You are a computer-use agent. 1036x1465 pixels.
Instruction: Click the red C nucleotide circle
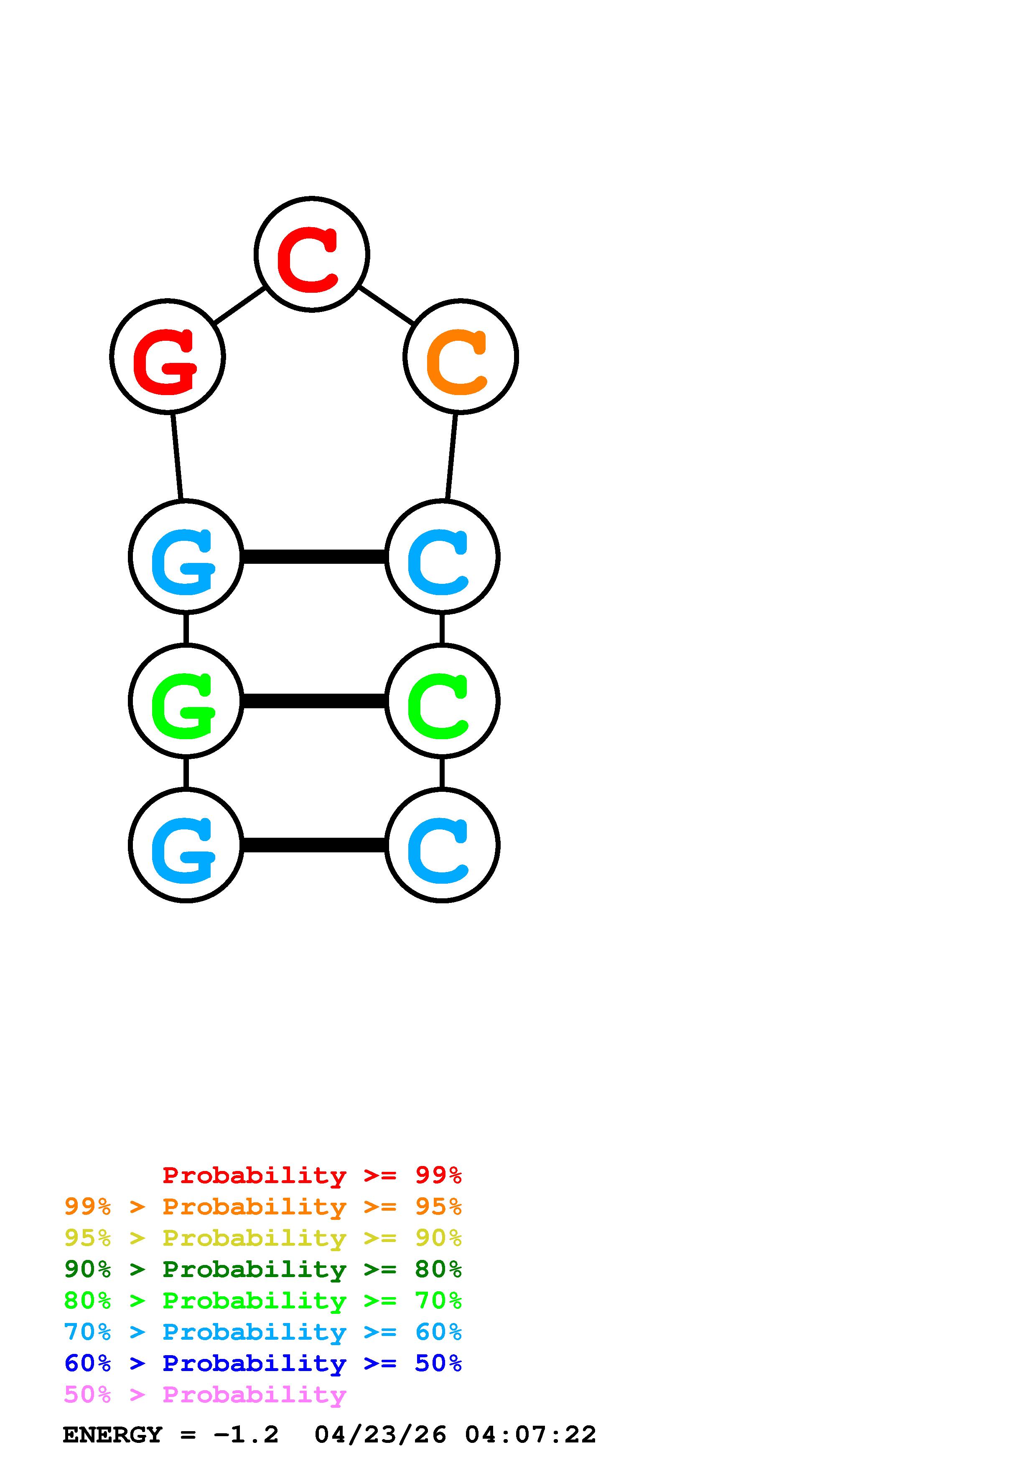click(x=311, y=254)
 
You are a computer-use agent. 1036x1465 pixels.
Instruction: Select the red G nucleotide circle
click(x=167, y=356)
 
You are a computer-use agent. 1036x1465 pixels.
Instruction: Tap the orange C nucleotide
click(x=460, y=356)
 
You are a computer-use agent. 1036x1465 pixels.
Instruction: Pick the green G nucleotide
click(x=186, y=701)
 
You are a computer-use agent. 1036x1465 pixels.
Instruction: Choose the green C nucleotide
click(x=442, y=701)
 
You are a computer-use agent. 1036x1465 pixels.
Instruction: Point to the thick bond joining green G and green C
click(x=313, y=701)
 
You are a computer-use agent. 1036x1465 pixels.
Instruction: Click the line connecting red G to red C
click(x=239, y=305)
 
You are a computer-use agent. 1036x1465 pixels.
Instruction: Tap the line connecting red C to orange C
click(x=386, y=305)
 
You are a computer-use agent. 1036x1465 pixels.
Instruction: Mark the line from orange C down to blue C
click(x=451, y=457)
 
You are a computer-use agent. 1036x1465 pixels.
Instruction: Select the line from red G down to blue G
click(x=177, y=457)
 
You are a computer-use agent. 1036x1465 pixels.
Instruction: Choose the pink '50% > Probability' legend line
click(x=205, y=1395)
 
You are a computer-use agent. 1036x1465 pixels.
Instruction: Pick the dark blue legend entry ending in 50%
click(x=262, y=1364)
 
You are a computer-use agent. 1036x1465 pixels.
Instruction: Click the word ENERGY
click(x=112, y=1435)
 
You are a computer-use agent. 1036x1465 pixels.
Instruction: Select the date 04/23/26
click(x=380, y=1435)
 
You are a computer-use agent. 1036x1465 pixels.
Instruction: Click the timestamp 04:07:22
click(x=530, y=1435)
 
